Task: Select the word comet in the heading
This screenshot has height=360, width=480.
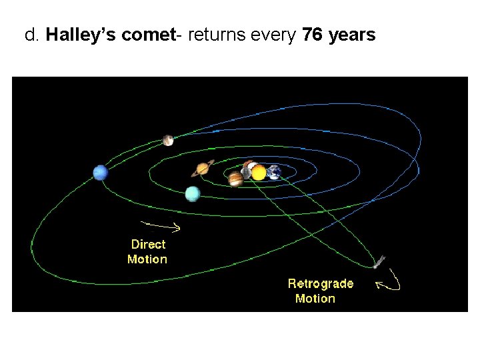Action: tap(148, 35)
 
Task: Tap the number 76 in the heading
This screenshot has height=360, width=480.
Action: tap(313, 35)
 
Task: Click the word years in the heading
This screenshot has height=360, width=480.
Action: tap(352, 35)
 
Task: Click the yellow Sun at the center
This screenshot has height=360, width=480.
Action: tap(259, 173)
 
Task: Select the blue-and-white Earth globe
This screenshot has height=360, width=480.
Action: tap(274, 173)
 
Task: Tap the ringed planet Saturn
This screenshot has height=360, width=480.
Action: tap(203, 169)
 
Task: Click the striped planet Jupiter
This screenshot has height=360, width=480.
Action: tap(235, 179)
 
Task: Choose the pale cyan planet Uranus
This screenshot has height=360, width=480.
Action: tap(192, 194)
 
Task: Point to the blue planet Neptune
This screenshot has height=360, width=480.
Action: tap(101, 173)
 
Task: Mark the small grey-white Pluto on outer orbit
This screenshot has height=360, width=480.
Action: tap(168, 140)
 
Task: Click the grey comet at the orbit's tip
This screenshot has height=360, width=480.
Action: tap(379, 261)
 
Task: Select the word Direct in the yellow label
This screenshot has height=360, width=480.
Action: tap(148, 245)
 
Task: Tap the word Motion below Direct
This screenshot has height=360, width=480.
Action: tap(147, 259)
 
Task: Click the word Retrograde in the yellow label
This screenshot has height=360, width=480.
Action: tap(321, 283)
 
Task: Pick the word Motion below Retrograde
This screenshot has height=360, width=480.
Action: tap(315, 299)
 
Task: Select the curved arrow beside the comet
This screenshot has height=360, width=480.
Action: tap(391, 282)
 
